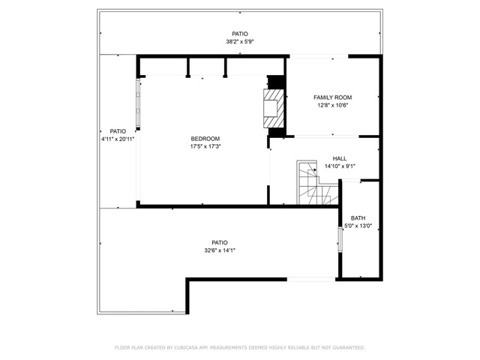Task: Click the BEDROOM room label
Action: (205, 139)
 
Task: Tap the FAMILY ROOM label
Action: (333, 97)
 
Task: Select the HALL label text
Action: (340, 158)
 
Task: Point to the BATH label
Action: (358, 218)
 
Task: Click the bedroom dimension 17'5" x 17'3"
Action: (205, 147)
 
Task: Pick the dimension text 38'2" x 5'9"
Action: (240, 42)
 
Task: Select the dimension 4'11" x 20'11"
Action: (118, 139)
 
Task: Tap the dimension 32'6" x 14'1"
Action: (220, 250)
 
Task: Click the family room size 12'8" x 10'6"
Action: (333, 106)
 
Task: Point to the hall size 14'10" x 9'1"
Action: (340, 166)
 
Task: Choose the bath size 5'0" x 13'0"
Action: (358, 226)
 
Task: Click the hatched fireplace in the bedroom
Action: (273, 108)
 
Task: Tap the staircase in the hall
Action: (317, 182)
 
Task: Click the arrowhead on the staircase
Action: (315, 170)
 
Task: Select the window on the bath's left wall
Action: (340, 240)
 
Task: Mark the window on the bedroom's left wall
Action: (138, 103)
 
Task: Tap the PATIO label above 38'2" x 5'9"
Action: (240, 34)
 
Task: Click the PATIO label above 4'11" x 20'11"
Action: (118, 131)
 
